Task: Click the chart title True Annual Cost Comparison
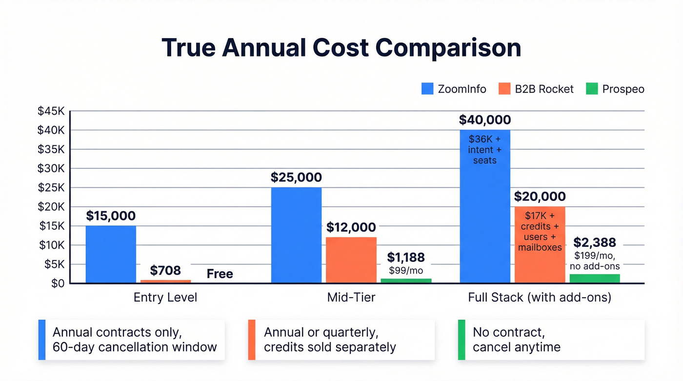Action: pyautogui.click(x=341, y=48)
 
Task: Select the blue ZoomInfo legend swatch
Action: pyautogui.click(x=427, y=89)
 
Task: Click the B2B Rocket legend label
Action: pyautogui.click(x=544, y=89)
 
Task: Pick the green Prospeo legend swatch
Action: pyautogui.click(x=591, y=89)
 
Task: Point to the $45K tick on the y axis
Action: pyautogui.click(x=51, y=111)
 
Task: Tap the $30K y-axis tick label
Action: pyautogui.click(x=51, y=168)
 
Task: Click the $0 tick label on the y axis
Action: pyautogui.click(x=57, y=283)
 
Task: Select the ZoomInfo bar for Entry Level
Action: pyautogui.click(x=111, y=254)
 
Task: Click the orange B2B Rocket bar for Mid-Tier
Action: pyautogui.click(x=351, y=260)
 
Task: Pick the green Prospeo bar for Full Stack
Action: pyautogui.click(x=595, y=279)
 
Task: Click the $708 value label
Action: pyautogui.click(x=165, y=270)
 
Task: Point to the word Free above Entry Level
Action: pyautogui.click(x=220, y=274)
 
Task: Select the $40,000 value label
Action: pyautogui.click(x=485, y=120)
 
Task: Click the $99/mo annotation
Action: pyautogui.click(x=406, y=270)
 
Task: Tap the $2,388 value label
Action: pyautogui.click(x=595, y=242)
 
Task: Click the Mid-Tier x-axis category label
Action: pyautogui.click(x=351, y=297)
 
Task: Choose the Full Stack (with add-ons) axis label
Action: pyautogui.click(x=540, y=297)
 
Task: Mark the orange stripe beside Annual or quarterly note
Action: pyautogui.click(x=252, y=340)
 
